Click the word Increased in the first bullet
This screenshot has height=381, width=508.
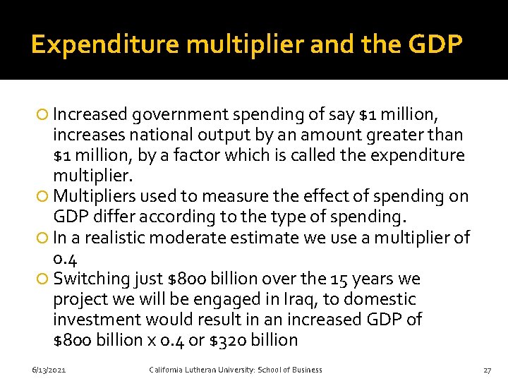point(90,114)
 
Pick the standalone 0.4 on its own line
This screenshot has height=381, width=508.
point(64,258)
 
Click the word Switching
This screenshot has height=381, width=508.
point(91,279)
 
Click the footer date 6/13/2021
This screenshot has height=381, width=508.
point(49,370)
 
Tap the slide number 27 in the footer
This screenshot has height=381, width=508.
point(487,370)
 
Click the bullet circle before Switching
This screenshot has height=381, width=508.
point(44,279)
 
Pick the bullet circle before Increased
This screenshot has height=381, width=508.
point(44,114)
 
